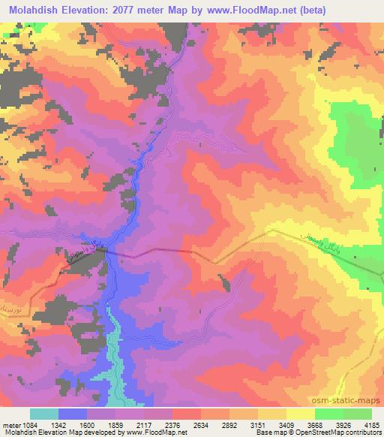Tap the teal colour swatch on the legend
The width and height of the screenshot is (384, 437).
(x=44, y=414)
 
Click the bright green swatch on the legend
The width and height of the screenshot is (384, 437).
(x=343, y=414)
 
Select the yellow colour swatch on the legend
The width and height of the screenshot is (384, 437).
(x=286, y=414)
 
